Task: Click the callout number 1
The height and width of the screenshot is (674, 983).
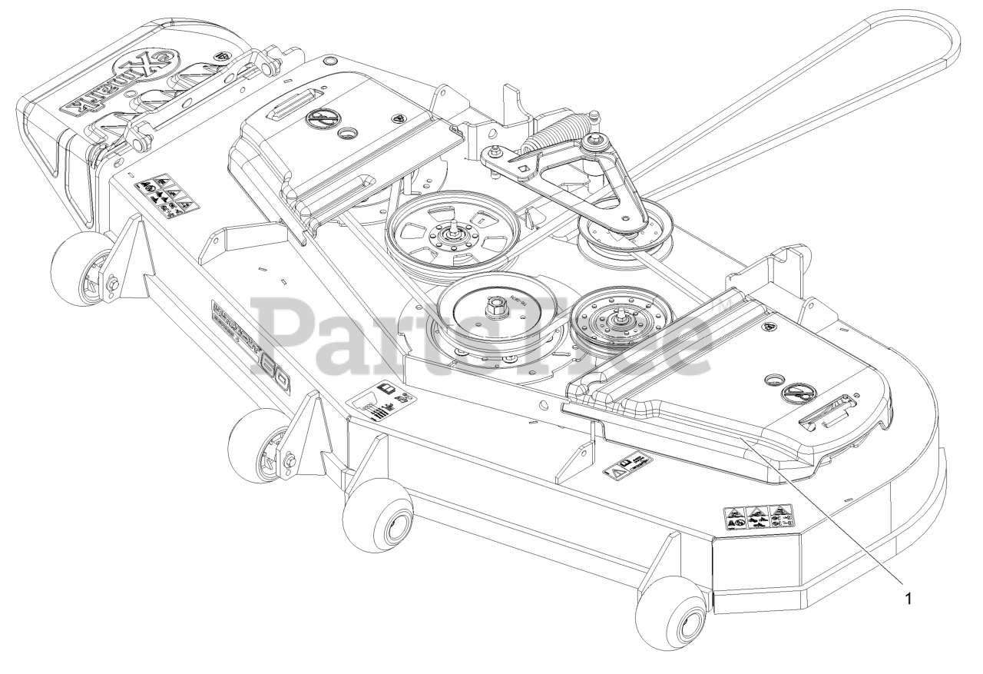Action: tap(909, 599)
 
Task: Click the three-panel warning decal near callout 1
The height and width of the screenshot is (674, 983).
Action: tap(760, 517)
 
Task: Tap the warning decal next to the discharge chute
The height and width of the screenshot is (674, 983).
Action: tap(164, 194)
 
